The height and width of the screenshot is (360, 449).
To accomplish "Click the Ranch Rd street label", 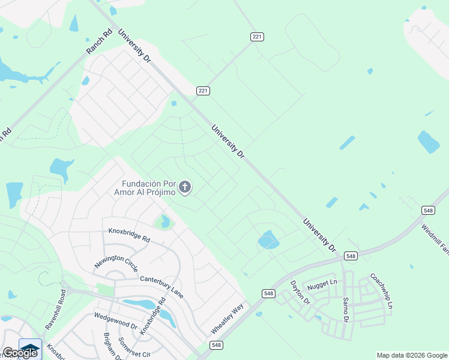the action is [99, 41].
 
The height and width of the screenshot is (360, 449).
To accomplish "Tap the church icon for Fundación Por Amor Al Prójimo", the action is [185, 188].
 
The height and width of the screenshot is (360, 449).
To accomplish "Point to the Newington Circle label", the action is [116, 263].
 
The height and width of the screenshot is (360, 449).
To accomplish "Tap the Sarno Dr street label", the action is [345, 309].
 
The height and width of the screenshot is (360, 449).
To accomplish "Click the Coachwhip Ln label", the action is [381, 291].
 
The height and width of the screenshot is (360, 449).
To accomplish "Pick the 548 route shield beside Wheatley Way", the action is [216, 346].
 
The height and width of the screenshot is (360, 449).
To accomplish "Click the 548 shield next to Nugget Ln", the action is [351, 256].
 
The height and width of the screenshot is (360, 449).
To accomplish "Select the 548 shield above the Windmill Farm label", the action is [428, 210].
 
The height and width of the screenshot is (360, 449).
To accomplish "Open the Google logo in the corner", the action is [20, 352].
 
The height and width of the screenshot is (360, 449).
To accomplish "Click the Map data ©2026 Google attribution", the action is [412, 355].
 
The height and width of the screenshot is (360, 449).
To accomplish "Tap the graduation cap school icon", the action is [30, 347].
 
